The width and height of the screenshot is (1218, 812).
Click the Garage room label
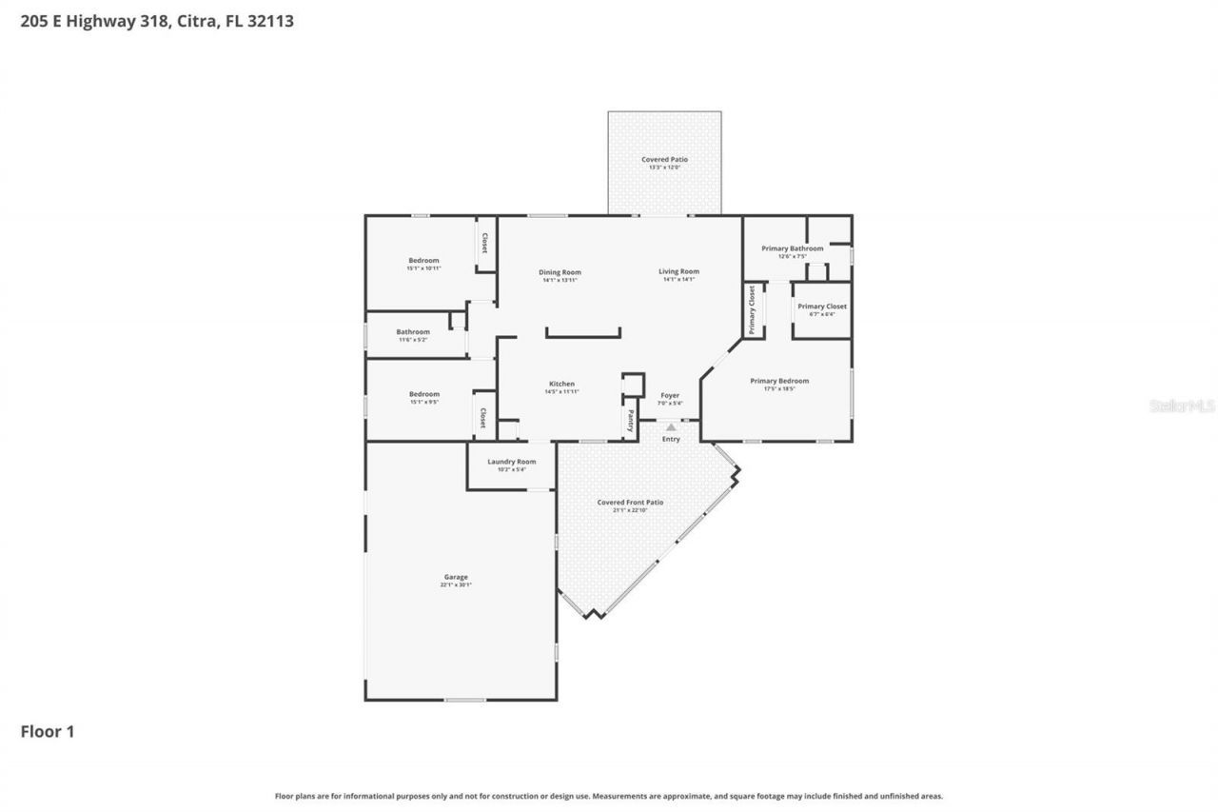pos(455,577)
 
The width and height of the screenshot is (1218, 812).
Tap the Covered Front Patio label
pos(630,503)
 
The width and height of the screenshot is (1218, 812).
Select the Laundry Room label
pos(512,462)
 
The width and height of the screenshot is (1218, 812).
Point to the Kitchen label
pos(560,385)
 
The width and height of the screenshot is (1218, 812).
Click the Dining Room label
pos(561,272)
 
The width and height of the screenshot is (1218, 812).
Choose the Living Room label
pos(678,271)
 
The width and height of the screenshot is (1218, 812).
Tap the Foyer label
pos(670,395)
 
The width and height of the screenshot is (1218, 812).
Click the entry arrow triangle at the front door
pos(671,427)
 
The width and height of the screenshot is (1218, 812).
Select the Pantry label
pos(630,421)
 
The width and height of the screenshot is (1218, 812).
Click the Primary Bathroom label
pos(792,248)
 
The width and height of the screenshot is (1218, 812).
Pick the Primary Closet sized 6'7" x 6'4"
pos(822,307)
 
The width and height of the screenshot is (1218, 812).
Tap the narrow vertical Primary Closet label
pos(752,310)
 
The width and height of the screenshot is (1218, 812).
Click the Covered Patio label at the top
pos(664,160)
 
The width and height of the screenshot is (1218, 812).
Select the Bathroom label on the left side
pos(413,332)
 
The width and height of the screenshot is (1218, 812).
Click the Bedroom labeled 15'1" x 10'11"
pos(423,261)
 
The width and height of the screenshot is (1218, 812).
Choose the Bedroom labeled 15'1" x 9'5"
pos(423,394)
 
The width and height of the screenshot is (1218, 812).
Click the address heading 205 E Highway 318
pos(157,21)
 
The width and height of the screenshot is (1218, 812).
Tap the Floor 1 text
pos(48,731)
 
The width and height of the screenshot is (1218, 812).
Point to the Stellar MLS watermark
pos(1181,406)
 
